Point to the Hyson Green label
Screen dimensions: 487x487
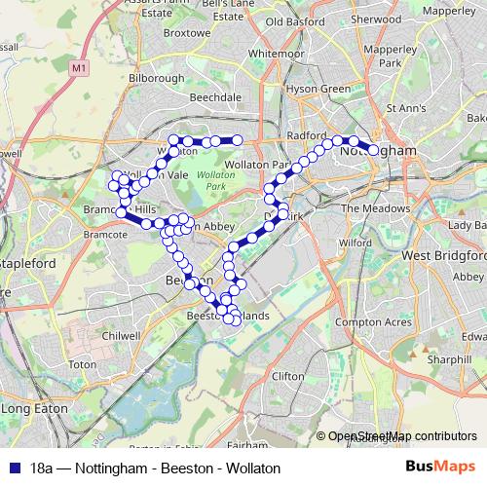317,89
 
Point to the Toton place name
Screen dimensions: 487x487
82,363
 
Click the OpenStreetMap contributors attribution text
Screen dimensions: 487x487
403,436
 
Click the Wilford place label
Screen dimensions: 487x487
356,243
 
